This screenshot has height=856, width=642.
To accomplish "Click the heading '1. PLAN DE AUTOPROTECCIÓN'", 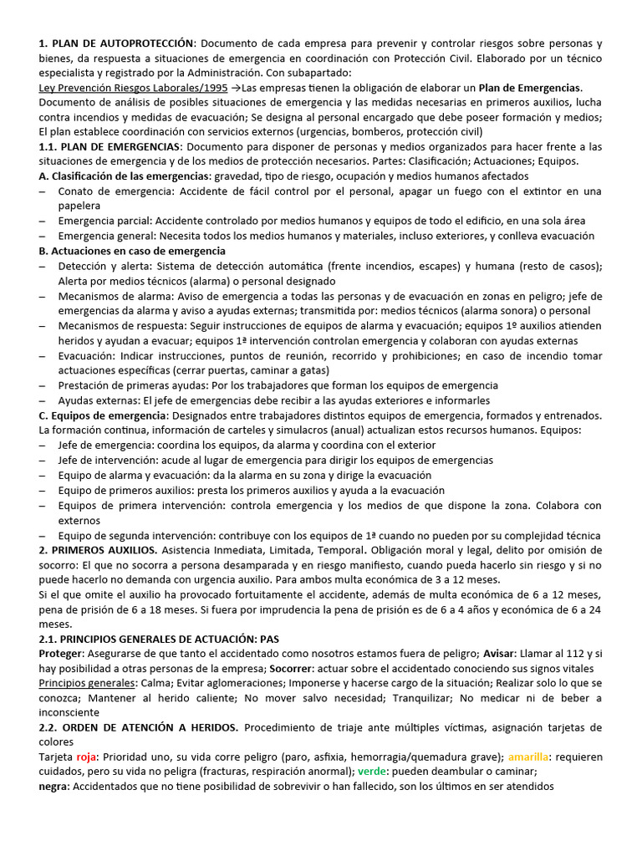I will tap(116, 43).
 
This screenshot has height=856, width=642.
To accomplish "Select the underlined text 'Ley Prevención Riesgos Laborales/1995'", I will tap(133, 88).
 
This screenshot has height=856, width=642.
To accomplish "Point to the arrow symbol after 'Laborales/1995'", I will tap(235, 88).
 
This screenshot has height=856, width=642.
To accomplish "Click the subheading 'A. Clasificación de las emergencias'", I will tap(125, 176).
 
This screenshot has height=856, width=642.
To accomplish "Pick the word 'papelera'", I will tap(79, 206).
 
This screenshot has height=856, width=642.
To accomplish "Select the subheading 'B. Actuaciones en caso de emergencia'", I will tap(132, 251).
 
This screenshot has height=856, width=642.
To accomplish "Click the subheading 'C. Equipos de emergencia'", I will tap(103, 415).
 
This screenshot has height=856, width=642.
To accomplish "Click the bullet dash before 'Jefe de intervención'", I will tap(43, 461).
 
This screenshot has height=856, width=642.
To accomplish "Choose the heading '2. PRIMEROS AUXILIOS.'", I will tap(98, 550).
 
